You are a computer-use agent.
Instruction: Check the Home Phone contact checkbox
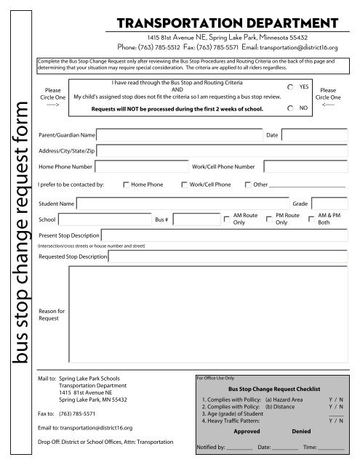(x=126, y=185)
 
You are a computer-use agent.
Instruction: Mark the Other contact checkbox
(x=248, y=185)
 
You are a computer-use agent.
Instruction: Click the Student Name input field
(x=183, y=203)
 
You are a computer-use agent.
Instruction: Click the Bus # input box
(x=192, y=218)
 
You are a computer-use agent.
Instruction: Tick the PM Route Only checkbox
(x=269, y=219)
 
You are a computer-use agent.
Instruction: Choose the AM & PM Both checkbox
(x=312, y=219)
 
